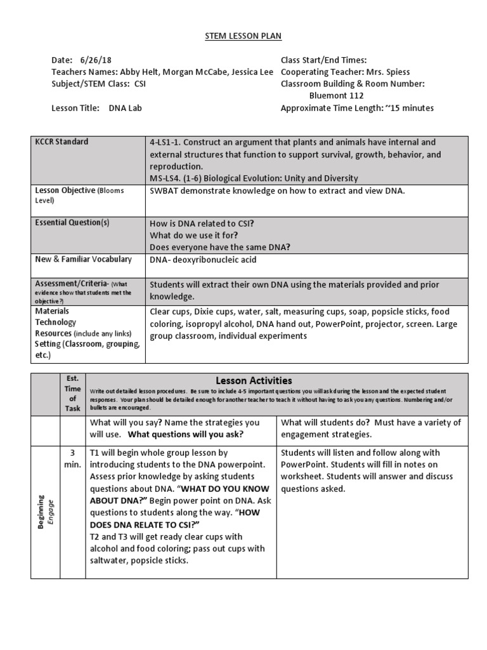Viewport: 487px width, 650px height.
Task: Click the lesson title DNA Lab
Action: [125, 108]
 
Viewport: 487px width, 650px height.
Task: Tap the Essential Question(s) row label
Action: [72, 222]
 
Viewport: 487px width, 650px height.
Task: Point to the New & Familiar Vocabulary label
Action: [84, 259]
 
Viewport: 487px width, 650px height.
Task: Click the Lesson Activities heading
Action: [254, 380]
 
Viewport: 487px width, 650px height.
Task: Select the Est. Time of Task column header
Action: [72, 394]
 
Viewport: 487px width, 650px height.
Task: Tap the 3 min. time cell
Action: [72, 458]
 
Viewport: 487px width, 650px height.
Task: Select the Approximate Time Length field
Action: [357, 108]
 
